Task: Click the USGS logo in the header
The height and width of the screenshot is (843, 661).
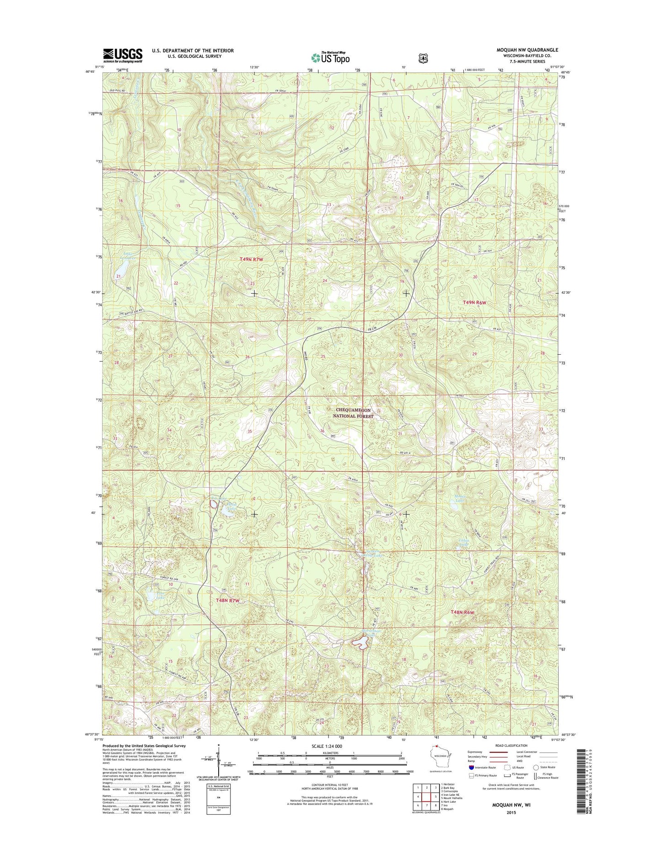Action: pyautogui.click(x=122, y=55)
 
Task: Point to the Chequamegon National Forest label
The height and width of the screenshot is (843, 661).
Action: pyautogui.click(x=355, y=413)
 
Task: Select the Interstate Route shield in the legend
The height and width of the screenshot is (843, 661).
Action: pyautogui.click(x=472, y=780)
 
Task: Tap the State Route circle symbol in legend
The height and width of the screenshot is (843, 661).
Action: pyautogui.click(x=536, y=780)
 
